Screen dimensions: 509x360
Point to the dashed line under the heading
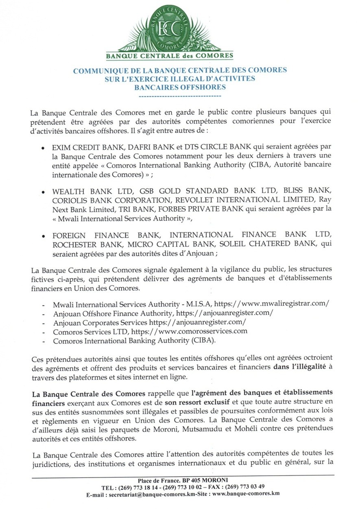click(180, 96)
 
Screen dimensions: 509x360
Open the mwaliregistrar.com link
click(268, 304)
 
